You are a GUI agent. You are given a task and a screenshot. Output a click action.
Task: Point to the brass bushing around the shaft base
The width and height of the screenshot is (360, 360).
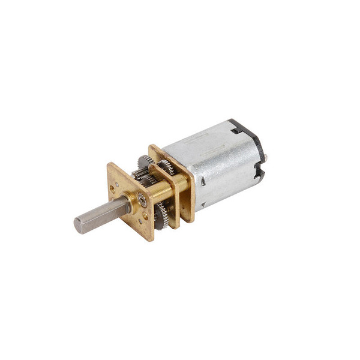(x=130, y=205)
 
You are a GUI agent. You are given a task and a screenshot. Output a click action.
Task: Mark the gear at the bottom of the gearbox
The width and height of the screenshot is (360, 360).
(x=161, y=216)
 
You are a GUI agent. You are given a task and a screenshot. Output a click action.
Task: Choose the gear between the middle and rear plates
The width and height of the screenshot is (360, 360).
(x=166, y=165)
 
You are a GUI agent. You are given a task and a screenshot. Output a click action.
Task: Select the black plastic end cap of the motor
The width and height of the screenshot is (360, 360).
(x=254, y=144)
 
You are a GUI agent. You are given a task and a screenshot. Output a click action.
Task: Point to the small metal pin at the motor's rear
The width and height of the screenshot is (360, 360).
(x=266, y=157)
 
